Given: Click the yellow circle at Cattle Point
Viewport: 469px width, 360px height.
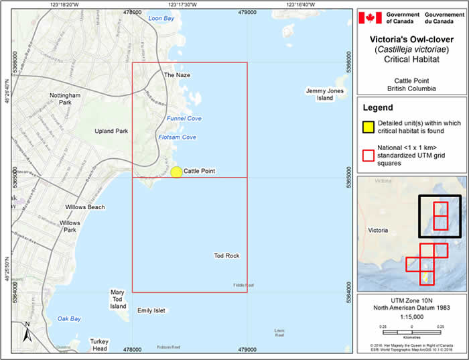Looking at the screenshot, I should pos(176,172).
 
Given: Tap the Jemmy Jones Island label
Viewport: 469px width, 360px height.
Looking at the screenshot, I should pos(320,94).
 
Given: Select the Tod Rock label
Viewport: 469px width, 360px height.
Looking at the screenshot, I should pos(226,255).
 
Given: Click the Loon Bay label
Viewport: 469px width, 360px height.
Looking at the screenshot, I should pos(161,18).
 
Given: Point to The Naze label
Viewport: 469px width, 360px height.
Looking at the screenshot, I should pos(178,75).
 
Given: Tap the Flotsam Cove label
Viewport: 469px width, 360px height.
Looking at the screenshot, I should pos(177,137).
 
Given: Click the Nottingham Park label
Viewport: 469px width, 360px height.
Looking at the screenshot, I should pos(65,99).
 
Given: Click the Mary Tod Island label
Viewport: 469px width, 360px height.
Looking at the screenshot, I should pos(118,299).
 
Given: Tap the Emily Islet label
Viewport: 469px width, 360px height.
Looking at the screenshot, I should pos(151,310).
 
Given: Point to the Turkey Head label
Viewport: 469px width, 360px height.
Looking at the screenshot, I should pos(99,345).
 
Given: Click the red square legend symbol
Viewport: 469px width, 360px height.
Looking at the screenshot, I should pos(367,156).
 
